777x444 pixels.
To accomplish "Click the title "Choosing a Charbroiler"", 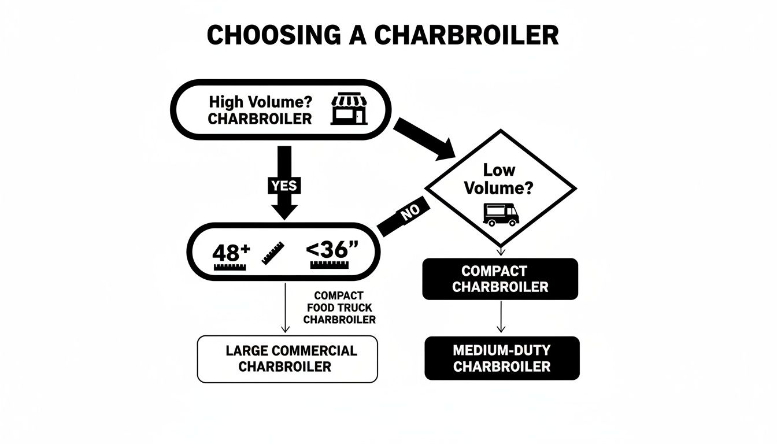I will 383,36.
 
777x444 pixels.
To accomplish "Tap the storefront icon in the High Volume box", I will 349,109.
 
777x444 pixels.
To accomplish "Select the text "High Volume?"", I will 260,102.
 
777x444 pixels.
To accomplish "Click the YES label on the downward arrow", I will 283,186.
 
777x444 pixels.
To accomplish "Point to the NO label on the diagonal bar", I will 410,213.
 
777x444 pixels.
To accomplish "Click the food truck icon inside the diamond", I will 501,214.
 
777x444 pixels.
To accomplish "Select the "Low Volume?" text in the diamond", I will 500,180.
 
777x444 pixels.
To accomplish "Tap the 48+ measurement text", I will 231,252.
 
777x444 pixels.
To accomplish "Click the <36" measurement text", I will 332,250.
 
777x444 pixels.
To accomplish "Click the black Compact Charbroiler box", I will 500,279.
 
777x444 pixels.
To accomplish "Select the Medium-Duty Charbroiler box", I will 502,358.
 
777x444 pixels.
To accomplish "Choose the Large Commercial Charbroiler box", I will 287,358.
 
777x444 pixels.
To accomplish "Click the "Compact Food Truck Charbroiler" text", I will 339,307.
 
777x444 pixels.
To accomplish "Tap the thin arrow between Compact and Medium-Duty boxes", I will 501,317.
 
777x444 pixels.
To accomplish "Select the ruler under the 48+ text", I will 231,267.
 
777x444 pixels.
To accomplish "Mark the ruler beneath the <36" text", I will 330,265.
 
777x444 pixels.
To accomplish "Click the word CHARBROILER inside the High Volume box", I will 260,119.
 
